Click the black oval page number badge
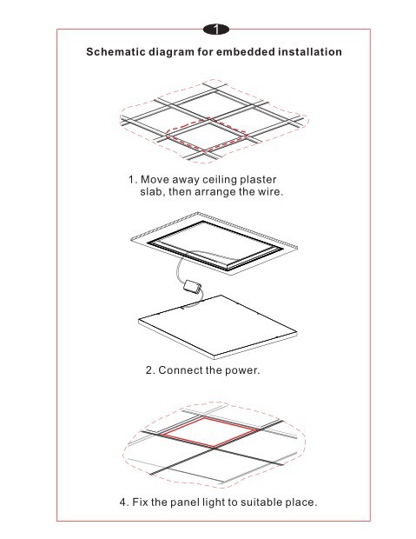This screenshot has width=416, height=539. click(x=215, y=30)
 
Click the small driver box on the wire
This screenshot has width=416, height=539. click(x=193, y=286)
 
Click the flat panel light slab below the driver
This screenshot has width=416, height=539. click(x=217, y=327)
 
